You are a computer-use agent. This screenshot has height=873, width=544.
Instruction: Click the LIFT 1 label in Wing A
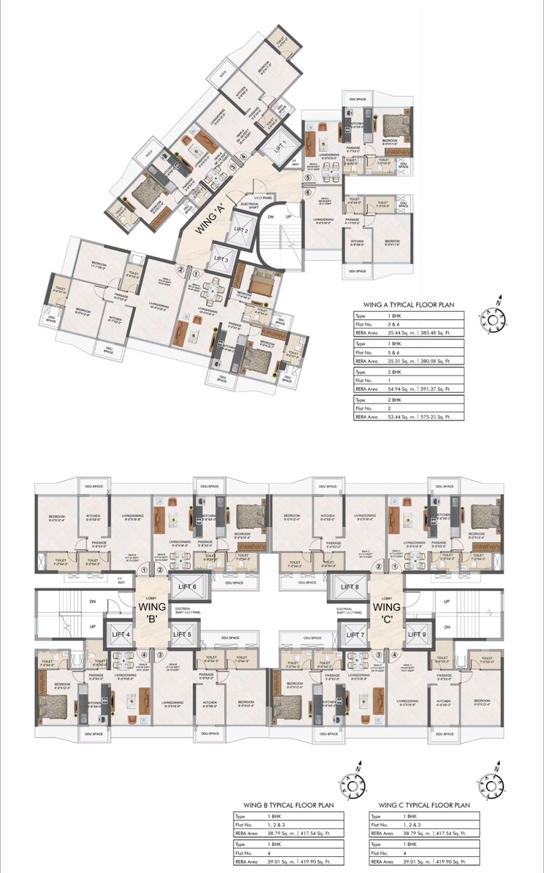[280, 145]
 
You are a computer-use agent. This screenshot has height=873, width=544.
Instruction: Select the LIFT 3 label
[221, 259]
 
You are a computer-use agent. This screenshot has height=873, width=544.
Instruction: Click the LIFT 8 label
[350, 587]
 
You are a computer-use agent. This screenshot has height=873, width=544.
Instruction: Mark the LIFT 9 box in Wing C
[416, 634]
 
